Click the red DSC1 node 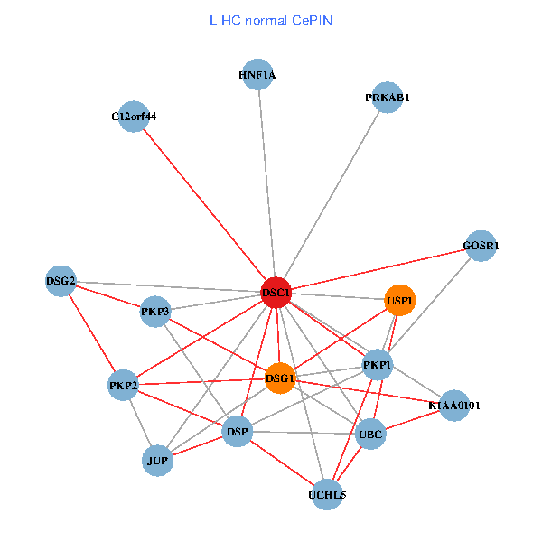[x=276, y=293]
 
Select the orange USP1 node [x=399, y=300]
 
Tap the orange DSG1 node [x=280, y=378]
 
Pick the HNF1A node [x=258, y=76]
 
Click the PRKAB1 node [x=388, y=98]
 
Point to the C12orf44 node [x=134, y=117]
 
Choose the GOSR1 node [x=481, y=246]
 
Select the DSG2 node [x=61, y=280]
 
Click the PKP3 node [x=155, y=313]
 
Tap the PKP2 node [x=123, y=387]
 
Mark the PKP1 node [x=378, y=365]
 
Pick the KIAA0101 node [x=454, y=406]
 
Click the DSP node [x=237, y=433]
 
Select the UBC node [x=371, y=435]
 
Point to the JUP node [x=157, y=462]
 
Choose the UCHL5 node [x=327, y=495]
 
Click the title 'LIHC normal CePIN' [x=270, y=20]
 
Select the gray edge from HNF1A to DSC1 [x=266, y=181]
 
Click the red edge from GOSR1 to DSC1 [x=379, y=269]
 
